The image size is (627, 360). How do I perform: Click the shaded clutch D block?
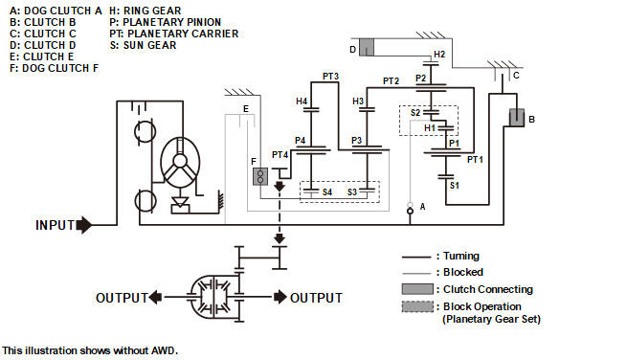pos(367,47)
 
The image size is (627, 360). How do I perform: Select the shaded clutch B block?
pos(517,118)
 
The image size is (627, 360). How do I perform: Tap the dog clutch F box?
pos(260,176)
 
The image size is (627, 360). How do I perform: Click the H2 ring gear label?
pos(439,54)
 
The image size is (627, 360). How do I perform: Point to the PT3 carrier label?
pos(330,76)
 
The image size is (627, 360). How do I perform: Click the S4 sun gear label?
pos(327,192)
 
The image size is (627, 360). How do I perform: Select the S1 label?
pos(455,186)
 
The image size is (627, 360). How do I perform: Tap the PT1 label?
pos(475,160)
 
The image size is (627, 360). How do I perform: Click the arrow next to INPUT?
pos(84,225)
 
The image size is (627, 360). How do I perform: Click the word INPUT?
pos(56,226)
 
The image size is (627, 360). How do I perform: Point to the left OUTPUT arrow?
pos(155,297)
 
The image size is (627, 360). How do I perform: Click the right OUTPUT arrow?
pos(280,297)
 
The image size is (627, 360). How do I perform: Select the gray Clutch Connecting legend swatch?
pos(417,289)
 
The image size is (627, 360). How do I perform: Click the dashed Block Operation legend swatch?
pos(417,306)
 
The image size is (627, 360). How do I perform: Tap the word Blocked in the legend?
pos(463,273)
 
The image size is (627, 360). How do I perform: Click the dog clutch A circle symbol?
pos(410,211)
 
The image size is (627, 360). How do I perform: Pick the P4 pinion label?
pos(300,141)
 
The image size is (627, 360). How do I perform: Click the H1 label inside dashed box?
pos(430,128)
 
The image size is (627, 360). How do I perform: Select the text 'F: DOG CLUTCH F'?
pos(54,68)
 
